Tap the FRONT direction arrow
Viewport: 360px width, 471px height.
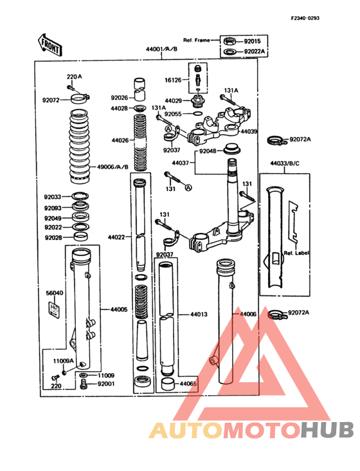49,45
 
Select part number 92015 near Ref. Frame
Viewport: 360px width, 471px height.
253,40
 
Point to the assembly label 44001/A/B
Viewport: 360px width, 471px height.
161,49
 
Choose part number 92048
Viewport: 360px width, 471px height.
207,151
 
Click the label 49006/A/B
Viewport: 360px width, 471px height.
113,167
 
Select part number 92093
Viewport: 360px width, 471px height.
53,208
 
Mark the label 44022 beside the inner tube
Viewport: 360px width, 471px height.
117,237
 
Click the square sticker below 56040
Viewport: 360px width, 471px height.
55,309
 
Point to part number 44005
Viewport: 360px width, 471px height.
120,309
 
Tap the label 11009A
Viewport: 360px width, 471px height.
64,361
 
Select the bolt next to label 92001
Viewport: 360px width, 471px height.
84,384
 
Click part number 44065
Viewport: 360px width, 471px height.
188,384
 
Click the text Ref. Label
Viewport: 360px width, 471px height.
296,253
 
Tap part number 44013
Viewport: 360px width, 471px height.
199,315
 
